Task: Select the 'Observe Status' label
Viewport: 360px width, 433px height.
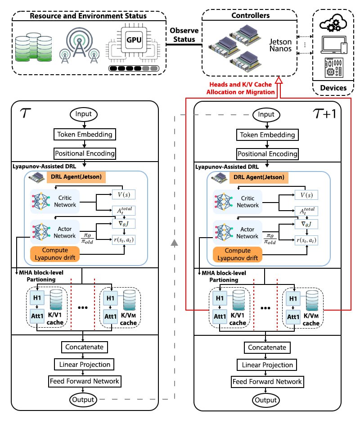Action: pyautogui.click(x=182, y=35)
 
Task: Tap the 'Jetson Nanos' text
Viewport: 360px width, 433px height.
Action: pyautogui.click(x=280, y=45)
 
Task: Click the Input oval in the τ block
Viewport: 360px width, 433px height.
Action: pyautogui.click(x=84, y=114)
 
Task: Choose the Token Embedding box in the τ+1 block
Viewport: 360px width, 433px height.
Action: pyautogui.click(x=267, y=134)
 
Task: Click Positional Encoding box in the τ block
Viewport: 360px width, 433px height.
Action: pyautogui.click(x=85, y=153)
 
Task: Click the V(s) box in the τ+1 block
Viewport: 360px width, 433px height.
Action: pyautogui.click(x=306, y=195)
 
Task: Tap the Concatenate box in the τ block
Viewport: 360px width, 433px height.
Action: pyautogui.click(x=84, y=347)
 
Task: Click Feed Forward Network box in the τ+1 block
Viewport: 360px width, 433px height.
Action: pyautogui.click(x=267, y=381)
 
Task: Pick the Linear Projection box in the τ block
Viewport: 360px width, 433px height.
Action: pyautogui.click(x=84, y=364)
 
